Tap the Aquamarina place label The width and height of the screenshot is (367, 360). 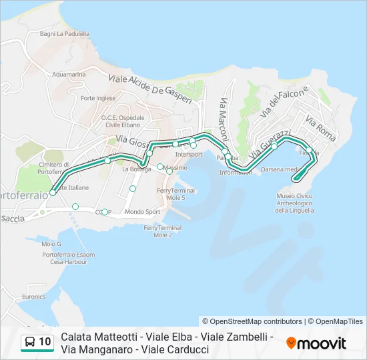click(x=68, y=75)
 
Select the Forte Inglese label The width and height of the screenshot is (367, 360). click(x=97, y=98)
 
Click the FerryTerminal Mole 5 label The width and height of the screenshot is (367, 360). click(x=175, y=194)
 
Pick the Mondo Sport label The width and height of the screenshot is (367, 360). click(x=143, y=212)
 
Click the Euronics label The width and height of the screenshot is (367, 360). click(x=33, y=297)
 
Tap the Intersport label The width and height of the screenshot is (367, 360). click(x=189, y=154)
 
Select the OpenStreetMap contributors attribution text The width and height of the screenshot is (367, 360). click(x=252, y=321)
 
